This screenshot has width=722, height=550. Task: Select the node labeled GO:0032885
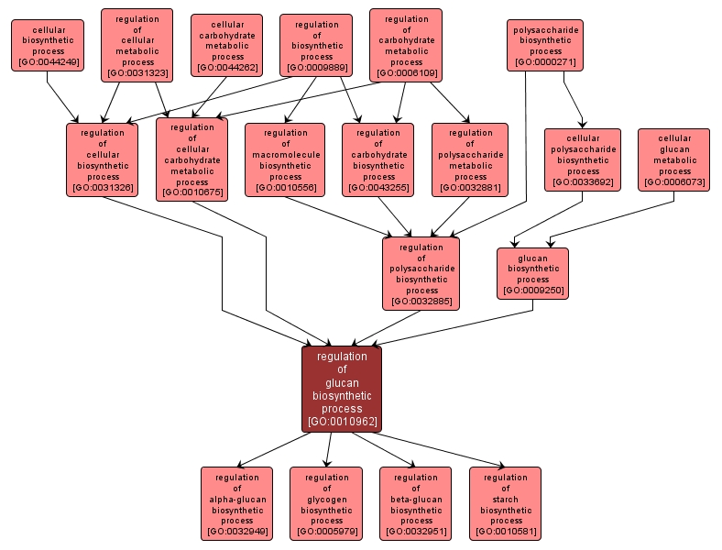coord(421,273)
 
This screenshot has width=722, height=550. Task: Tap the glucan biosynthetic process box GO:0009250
coord(533,273)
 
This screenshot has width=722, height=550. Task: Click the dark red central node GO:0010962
coord(342,389)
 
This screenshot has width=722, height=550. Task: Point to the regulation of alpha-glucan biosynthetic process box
coord(236,503)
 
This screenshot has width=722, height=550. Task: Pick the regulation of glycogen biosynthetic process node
coord(326,503)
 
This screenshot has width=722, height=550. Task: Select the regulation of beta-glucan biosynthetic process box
coord(416,503)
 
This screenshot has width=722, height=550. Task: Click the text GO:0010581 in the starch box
coord(505,532)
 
